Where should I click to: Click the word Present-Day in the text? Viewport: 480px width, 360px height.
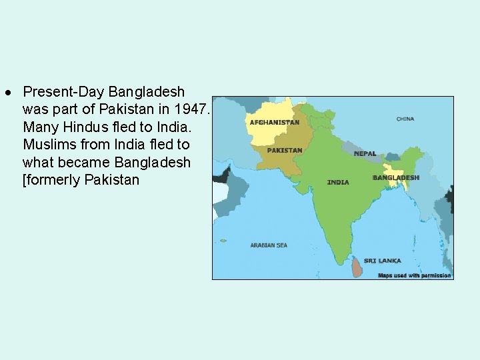64,91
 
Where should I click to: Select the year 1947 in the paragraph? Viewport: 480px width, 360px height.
193,109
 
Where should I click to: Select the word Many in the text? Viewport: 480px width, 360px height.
38,127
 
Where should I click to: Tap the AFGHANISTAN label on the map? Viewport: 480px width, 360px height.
274,123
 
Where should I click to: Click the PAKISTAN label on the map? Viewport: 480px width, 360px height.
285,150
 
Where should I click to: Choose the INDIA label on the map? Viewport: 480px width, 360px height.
338,182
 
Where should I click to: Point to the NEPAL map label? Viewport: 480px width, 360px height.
365,153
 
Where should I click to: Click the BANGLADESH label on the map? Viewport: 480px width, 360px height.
396,178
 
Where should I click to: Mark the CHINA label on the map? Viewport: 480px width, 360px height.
405,119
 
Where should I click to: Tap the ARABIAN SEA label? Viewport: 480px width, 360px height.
269,245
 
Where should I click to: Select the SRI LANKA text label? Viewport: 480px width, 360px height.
383,261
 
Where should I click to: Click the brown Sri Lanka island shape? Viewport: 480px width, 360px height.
357,268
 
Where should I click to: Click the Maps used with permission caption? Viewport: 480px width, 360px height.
414,275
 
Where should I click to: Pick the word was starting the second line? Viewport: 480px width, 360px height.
33,109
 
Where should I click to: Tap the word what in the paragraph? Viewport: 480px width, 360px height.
37,163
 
